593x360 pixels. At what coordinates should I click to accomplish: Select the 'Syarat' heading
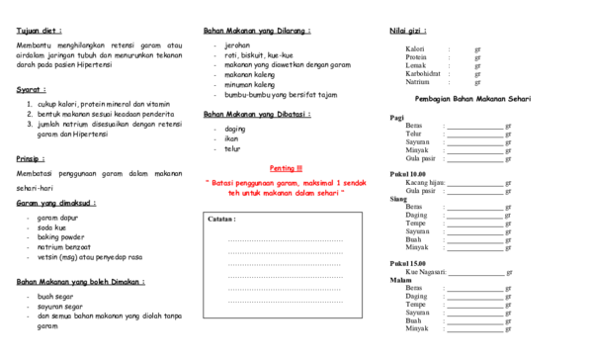(31, 89)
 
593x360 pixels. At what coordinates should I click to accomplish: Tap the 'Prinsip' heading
(32, 158)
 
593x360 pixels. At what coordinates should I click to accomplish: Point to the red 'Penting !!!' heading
(286, 168)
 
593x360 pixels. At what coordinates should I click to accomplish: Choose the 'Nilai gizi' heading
(407, 31)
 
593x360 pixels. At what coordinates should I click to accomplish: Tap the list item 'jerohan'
(237, 45)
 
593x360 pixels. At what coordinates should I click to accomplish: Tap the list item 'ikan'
(231, 138)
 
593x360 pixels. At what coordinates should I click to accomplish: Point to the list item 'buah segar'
(54, 296)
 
